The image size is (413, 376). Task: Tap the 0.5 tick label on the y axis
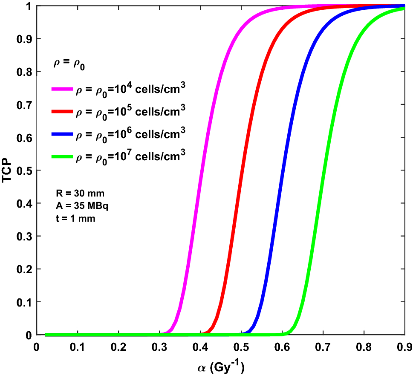(x=24, y=170)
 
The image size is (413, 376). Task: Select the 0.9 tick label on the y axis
(x=24, y=38)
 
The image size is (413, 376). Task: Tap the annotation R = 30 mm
(x=77, y=194)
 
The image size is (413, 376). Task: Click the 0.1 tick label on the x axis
(x=77, y=346)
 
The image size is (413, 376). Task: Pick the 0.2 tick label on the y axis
(x=24, y=269)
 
